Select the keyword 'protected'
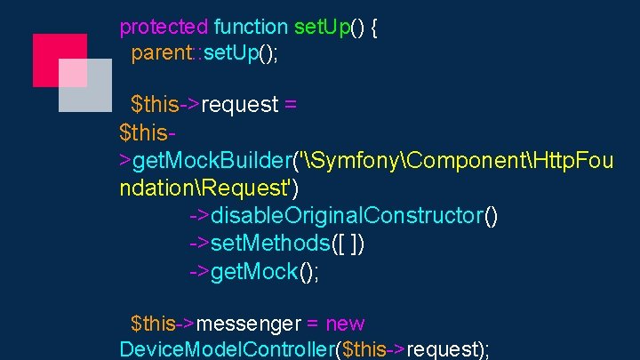164,27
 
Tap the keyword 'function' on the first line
251,27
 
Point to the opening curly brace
373,27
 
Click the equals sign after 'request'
290,105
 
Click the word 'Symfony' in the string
351,162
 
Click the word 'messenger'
257,324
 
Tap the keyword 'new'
345,324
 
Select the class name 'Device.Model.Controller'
226,348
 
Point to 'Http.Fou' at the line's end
569,162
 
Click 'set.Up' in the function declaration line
322,27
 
